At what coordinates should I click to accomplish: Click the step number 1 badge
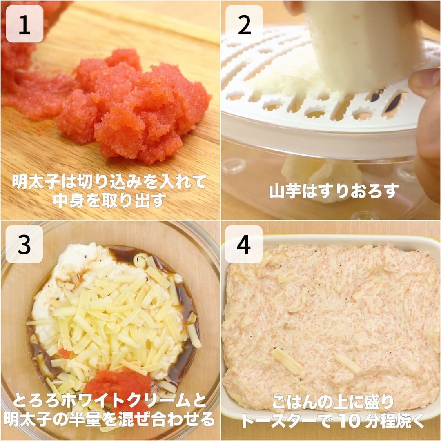(x=24, y=24)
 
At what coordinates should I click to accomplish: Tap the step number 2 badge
(x=244, y=24)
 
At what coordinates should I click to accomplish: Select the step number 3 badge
(x=24, y=244)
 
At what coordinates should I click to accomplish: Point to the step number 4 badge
(x=244, y=244)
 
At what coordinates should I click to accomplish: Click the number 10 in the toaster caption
(x=349, y=420)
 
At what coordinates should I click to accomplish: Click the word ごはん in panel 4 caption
(x=296, y=403)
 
